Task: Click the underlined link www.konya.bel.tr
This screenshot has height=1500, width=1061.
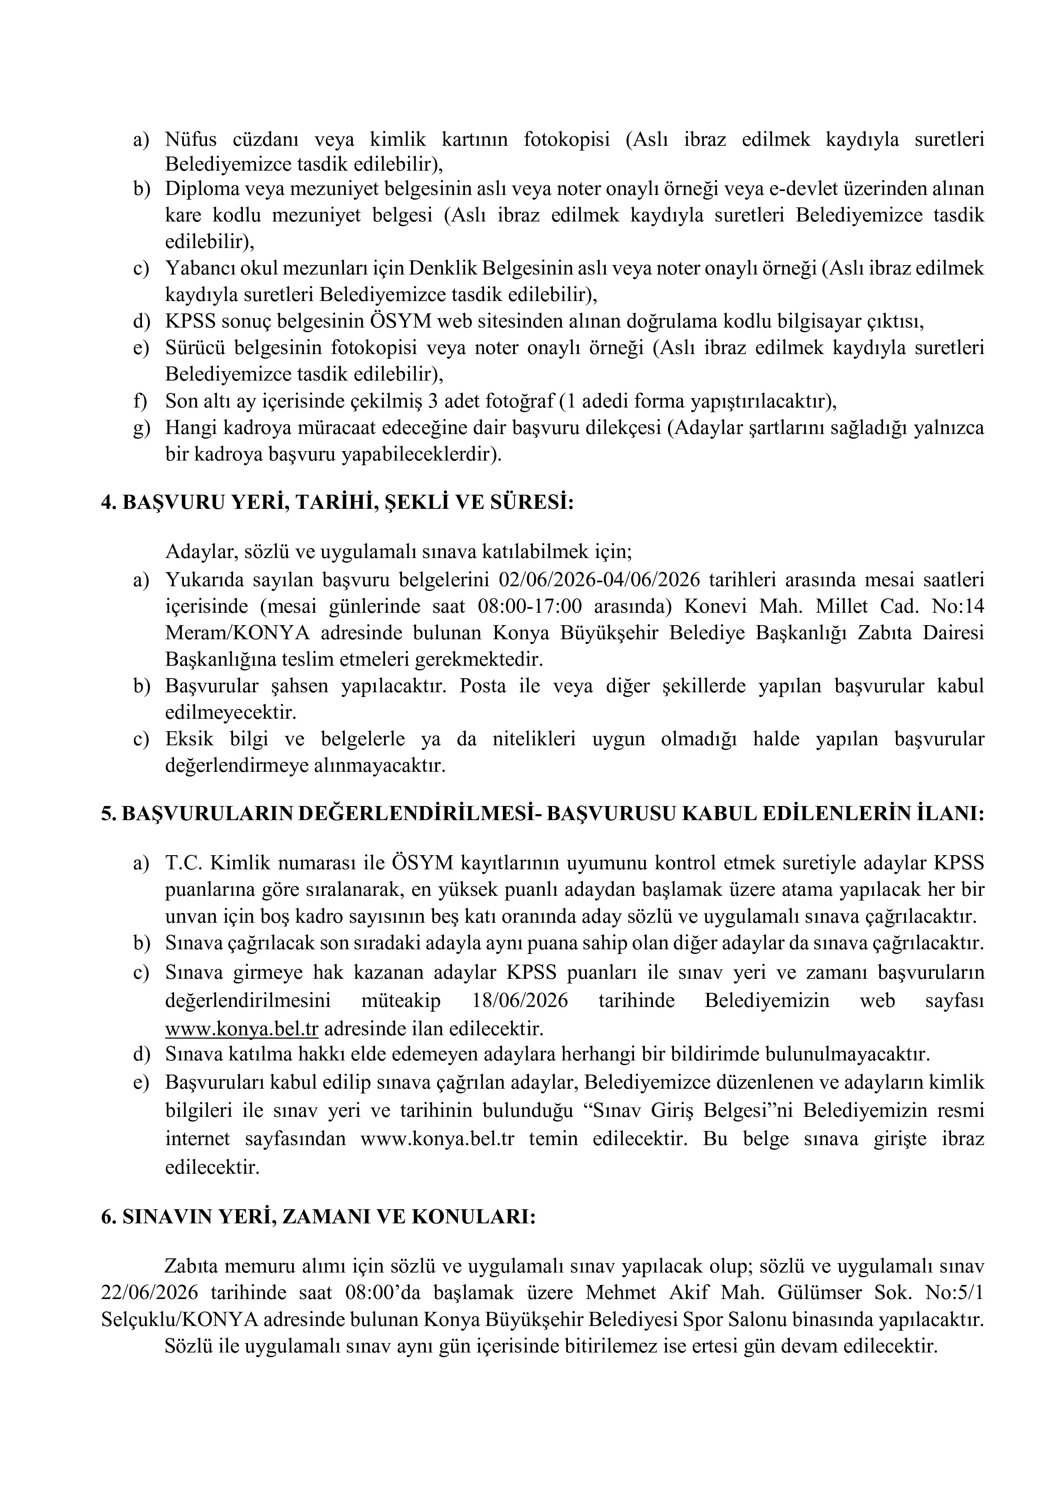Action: coord(241,1029)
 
